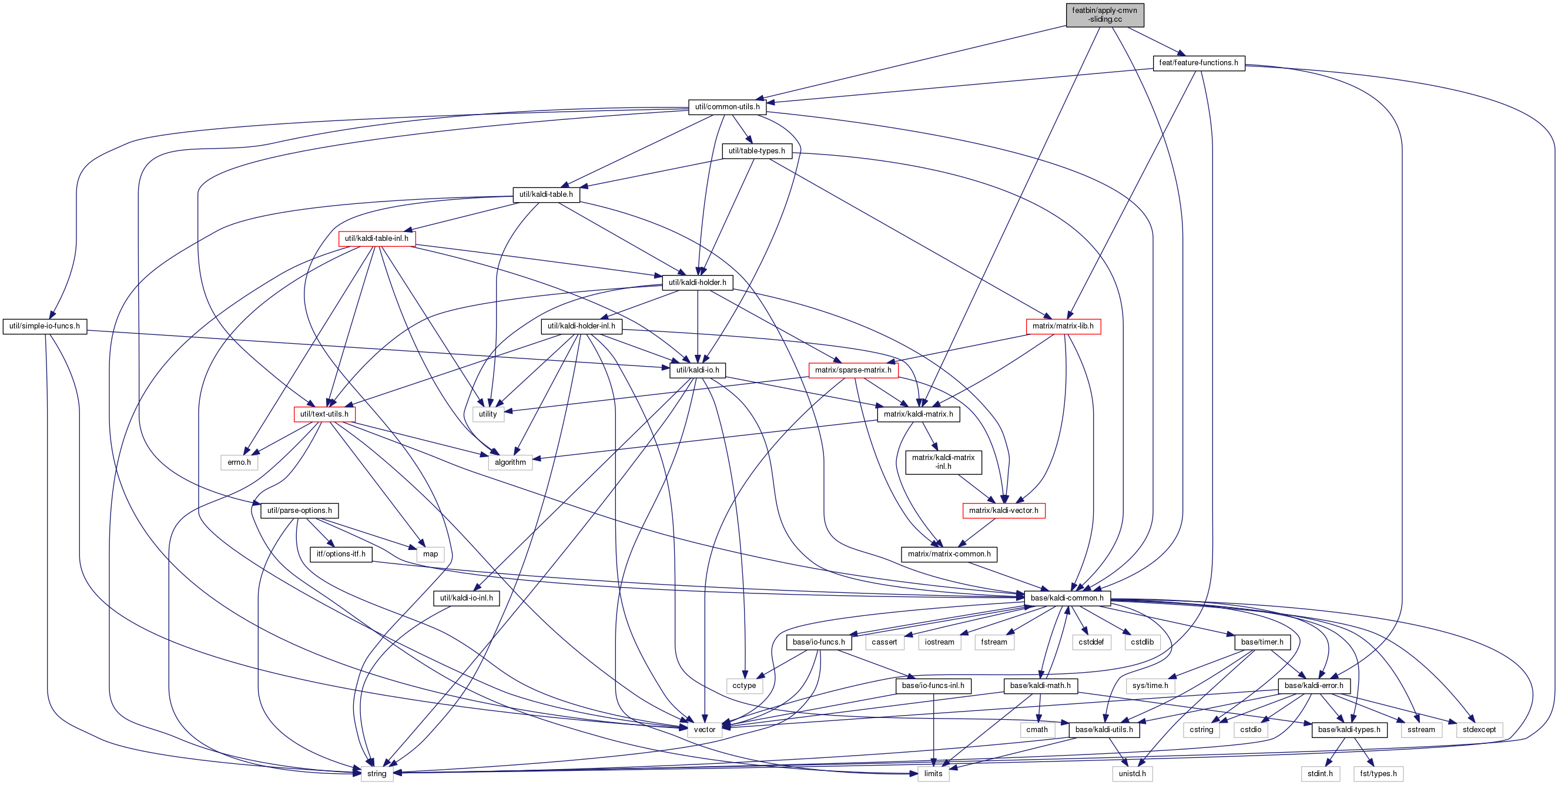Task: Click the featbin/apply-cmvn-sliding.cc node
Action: (x=1104, y=15)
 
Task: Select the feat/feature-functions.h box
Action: (x=1198, y=63)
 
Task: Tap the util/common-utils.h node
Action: (x=727, y=107)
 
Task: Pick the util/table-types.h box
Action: (x=756, y=151)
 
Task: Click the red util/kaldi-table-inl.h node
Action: (x=376, y=239)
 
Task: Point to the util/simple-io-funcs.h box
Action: (x=44, y=327)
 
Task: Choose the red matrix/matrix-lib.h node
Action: (x=1063, y=327)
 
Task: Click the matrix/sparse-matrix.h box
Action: (x=853, y=370)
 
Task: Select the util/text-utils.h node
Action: (x=324, y=414)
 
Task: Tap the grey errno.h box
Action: (x=239, y=462)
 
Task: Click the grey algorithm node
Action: (x=510, y=462)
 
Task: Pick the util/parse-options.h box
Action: (x=299, y=511)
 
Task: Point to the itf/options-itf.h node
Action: (x=340, y=555)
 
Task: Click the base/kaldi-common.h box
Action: (x=1067, y=599)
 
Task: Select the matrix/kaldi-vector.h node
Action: (x=1003, y=511)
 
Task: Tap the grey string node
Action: (x=376, y=774)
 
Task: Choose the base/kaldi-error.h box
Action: (x=1314, y=686)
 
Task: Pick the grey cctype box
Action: (x=744, y=686)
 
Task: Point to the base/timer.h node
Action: (x=1262, y=643)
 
